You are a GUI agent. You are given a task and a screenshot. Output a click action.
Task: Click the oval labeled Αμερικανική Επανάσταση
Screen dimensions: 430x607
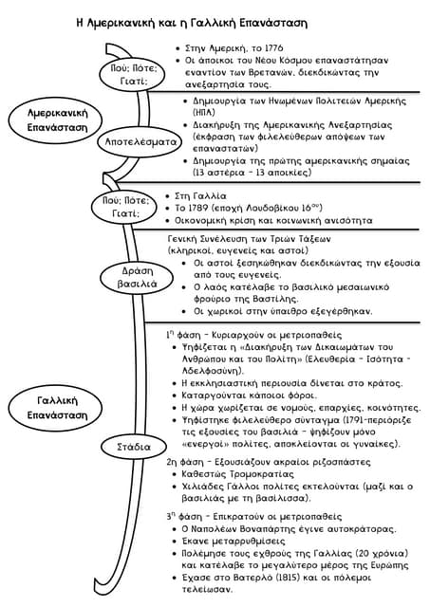tap(55, 120)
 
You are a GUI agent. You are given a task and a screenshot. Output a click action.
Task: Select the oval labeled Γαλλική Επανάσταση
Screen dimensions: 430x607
tap(55, 408)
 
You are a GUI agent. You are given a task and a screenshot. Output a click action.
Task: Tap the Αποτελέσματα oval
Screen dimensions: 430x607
tap(140, 142)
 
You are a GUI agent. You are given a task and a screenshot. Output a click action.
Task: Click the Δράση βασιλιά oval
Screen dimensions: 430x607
tap(137, 277)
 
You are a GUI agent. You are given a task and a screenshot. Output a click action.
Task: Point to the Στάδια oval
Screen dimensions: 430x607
tap(133, 447)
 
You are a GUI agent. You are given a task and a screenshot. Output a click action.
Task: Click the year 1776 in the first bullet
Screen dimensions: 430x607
tap(273, 48)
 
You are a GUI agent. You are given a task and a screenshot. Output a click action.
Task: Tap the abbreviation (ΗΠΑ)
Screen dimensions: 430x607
tap(204, 112)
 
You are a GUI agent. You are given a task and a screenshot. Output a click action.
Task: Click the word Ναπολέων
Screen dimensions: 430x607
tap(214, 529)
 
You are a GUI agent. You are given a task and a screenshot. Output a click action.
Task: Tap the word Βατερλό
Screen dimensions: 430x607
tap(248, 578)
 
